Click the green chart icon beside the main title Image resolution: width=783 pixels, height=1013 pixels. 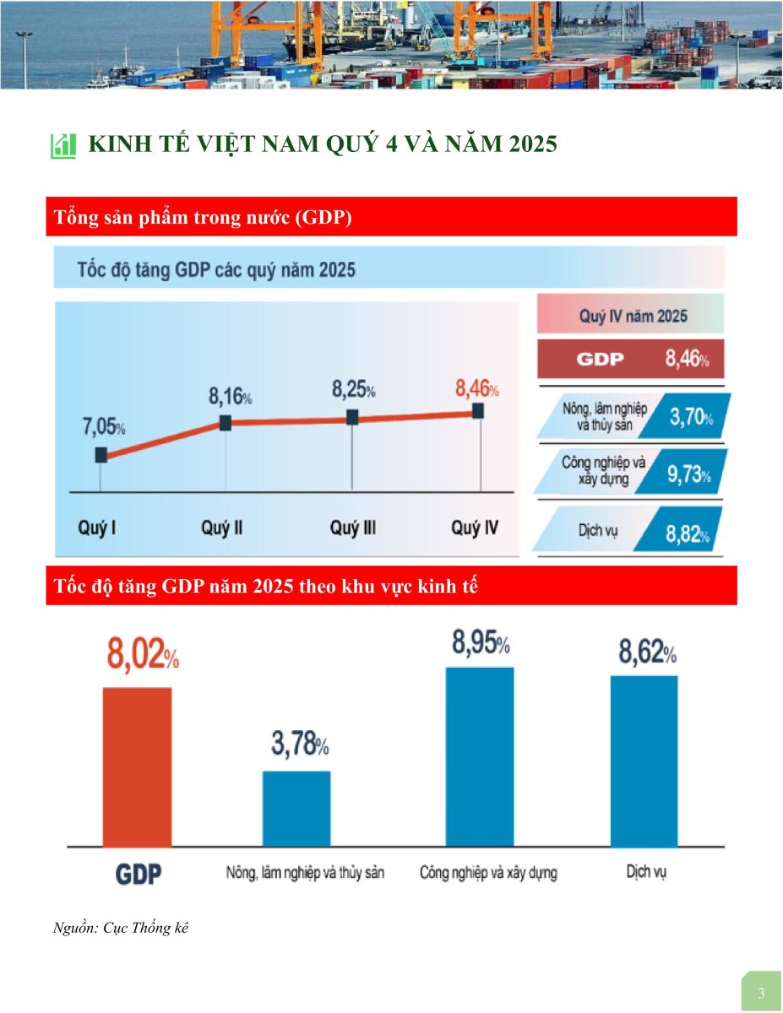(x=63, y=145)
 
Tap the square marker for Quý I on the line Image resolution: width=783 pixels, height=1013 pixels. (x=101, y=455)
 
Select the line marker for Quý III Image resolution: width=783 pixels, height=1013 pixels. (x=352, y=418)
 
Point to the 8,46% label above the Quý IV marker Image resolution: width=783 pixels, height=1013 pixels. (x=476, y=390)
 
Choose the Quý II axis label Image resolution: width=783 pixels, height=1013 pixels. (x=222, y=528)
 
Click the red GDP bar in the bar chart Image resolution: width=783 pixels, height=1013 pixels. (x=137, y=766)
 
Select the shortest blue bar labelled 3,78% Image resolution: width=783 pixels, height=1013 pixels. (x=296, y=808)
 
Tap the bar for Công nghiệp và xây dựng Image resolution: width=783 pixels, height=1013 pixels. (x=479, y=756)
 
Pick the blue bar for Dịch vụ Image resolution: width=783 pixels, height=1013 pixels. (x=644, y=761)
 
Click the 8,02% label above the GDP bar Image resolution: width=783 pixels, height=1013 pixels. (x=143, y=656)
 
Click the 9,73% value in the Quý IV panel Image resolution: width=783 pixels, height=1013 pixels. (x=688, y=475)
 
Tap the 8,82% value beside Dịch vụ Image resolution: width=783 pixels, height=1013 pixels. (x=687, y=534)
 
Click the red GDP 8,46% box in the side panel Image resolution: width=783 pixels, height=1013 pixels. (x=630, y=360)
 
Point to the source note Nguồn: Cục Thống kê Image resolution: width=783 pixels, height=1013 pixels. (x=121, y=928)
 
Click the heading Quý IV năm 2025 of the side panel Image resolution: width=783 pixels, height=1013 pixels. (x=633, y=317)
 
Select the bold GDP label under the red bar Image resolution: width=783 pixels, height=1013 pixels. (x=138, y=874)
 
